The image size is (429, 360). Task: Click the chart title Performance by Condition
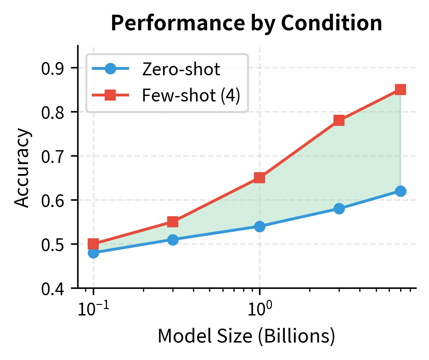[x=247, y=23]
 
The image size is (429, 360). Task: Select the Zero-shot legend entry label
[x=181, y=70]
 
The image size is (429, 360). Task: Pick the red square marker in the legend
[x=111, y=96]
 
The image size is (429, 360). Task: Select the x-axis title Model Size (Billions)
[x=246, y=337]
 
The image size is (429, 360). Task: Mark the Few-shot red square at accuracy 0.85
[x=401, y=90]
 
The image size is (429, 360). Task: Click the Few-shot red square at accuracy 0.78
[x=339, y=120]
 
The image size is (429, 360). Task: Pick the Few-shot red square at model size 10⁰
[x=260, y=178]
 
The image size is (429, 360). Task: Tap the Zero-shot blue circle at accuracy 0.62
[x=401, y=191]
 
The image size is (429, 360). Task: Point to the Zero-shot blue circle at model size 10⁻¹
[x=94, y=253]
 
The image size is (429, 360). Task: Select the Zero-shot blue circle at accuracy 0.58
[x=339, y=208]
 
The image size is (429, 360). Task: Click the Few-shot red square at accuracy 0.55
[x=173, y=222]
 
